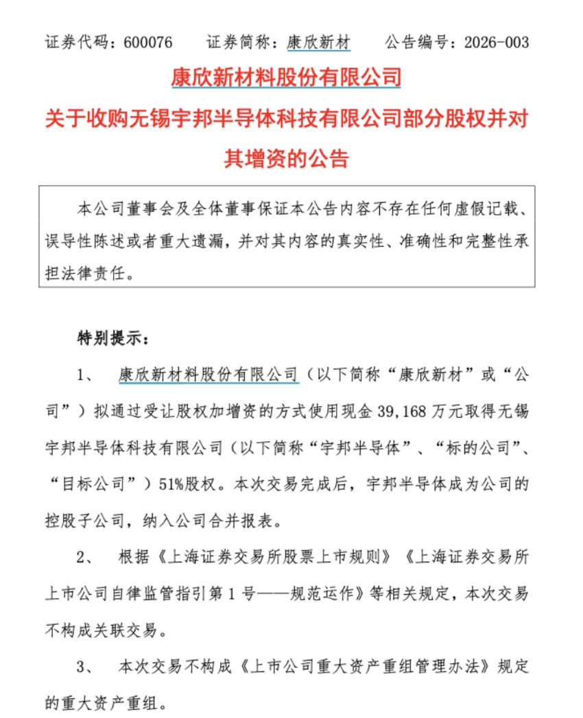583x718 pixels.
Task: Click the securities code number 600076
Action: (148, 42)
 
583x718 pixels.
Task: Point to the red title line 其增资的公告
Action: (287, 158)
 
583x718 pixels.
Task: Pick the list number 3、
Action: (89, 665)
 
